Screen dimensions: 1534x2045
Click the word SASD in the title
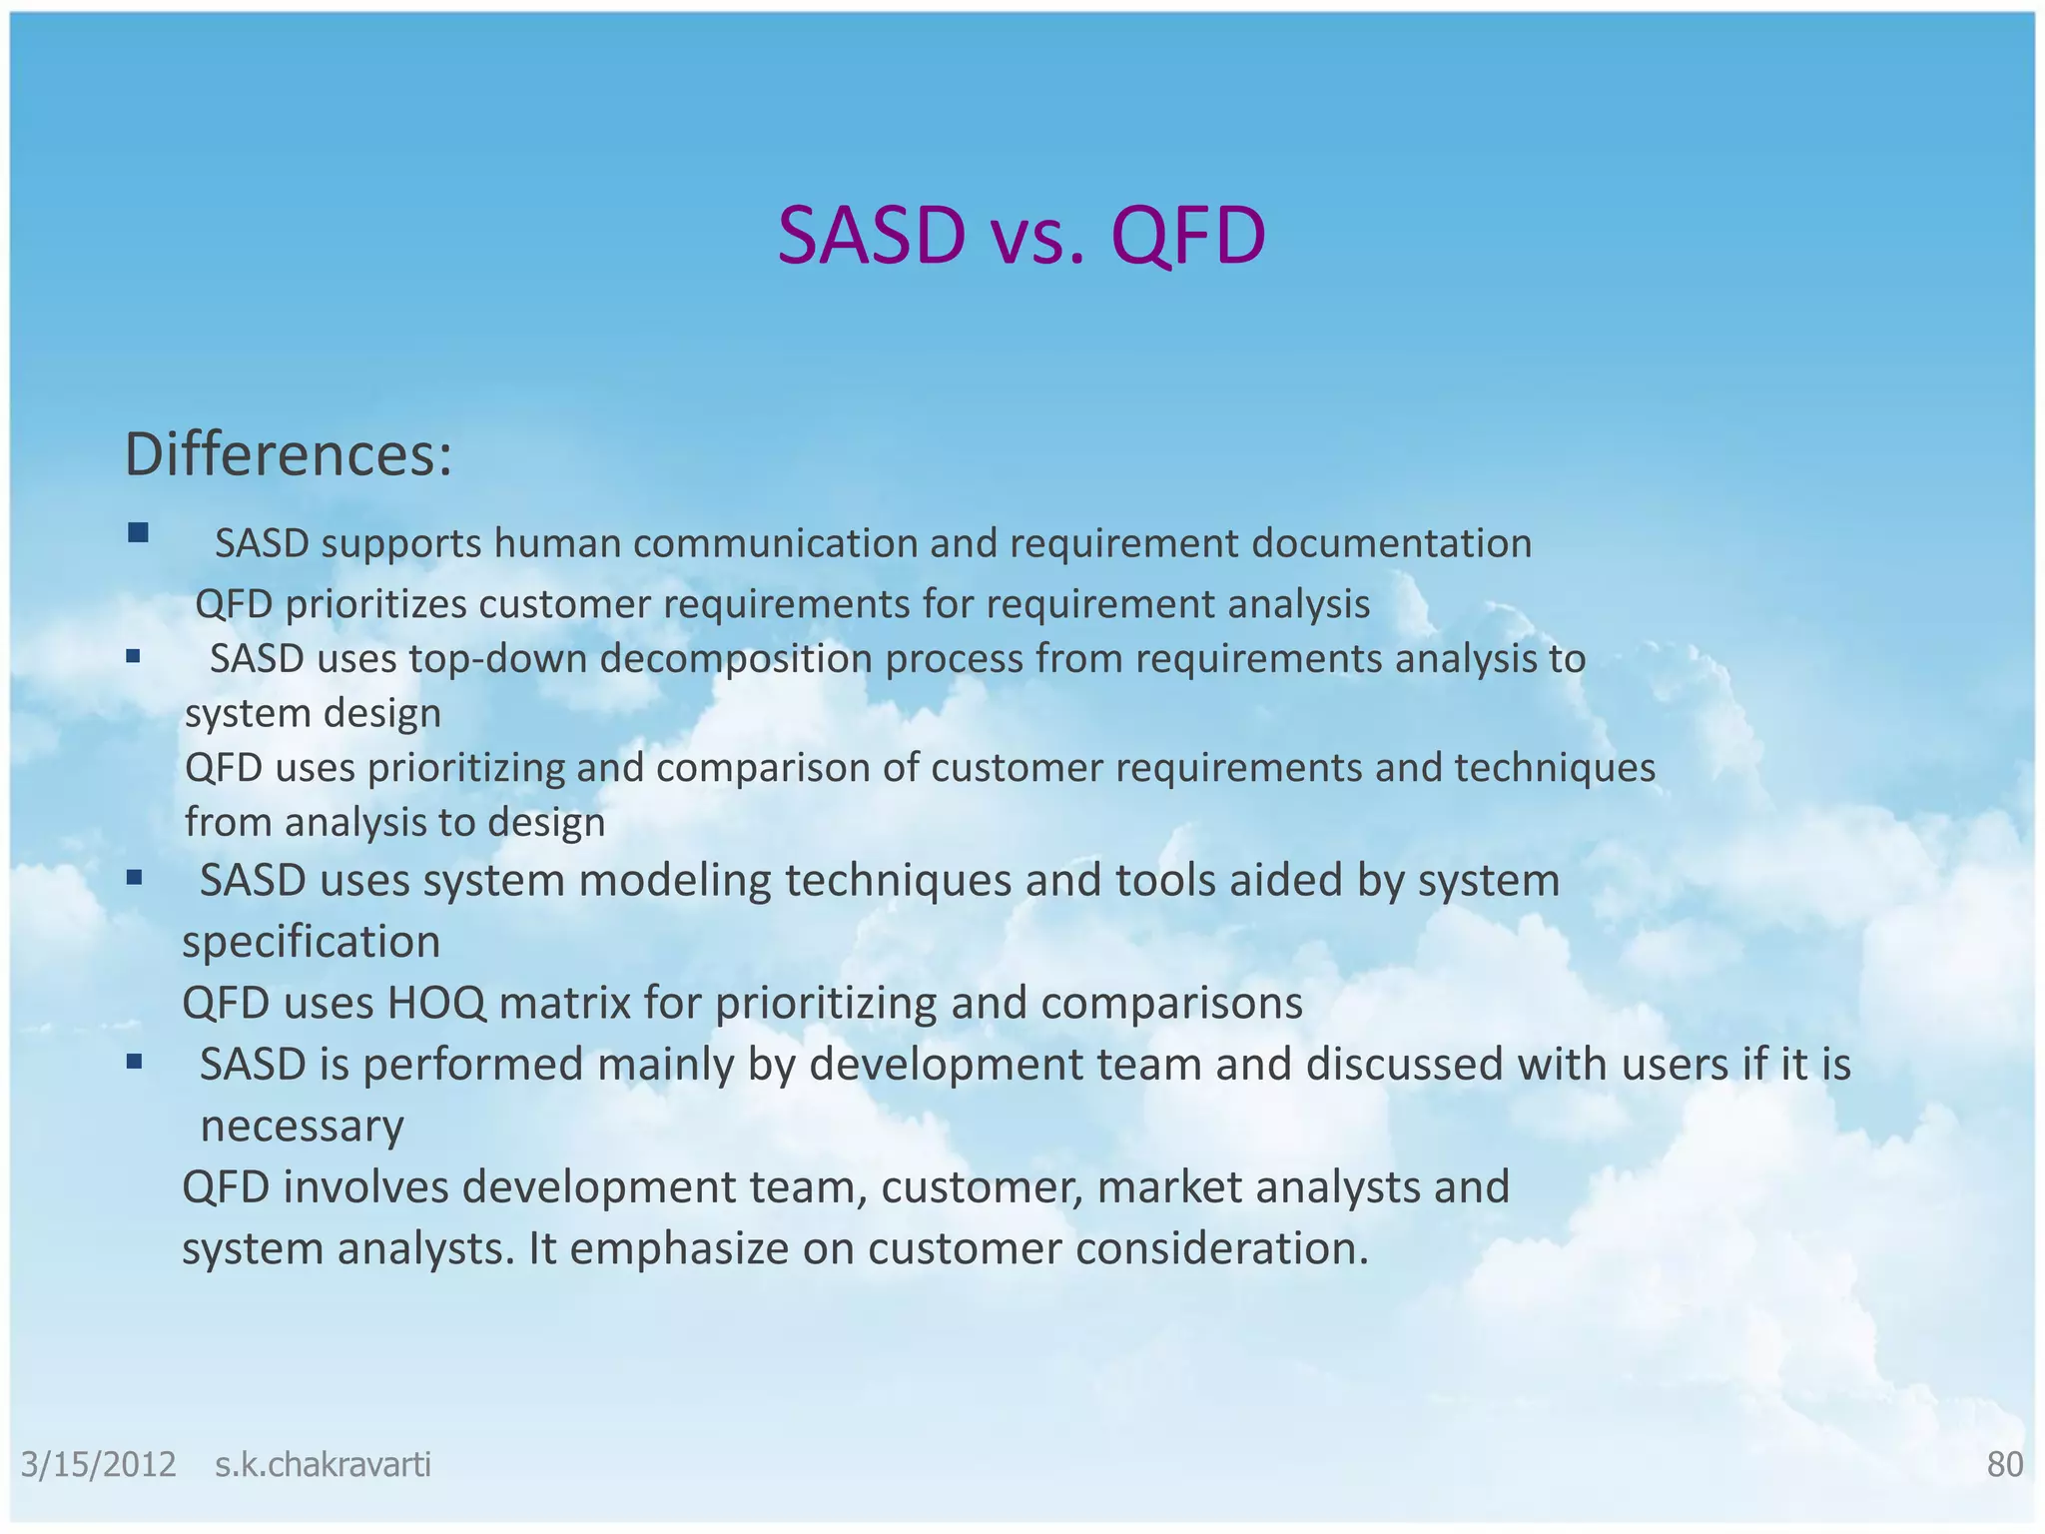coord(872,236)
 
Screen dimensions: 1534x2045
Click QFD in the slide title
coord(1187,236)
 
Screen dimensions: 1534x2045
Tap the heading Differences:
coord(289,454)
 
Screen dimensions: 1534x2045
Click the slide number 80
coord(2004,1464)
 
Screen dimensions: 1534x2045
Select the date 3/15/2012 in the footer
coord(99,1464)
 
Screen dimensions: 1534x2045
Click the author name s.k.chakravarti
coord(323,1464)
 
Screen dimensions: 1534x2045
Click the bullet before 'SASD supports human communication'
coord(138,533)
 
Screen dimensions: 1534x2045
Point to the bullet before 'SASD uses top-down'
coord(133,657)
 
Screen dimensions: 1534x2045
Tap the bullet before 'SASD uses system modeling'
coord(134,879)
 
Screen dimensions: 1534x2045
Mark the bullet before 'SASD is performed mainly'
coord(134,1063)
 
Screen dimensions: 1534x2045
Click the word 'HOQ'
coord(436,1003)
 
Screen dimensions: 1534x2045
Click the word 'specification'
coord(311,942)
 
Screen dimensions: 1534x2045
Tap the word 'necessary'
coord(302,1127)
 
